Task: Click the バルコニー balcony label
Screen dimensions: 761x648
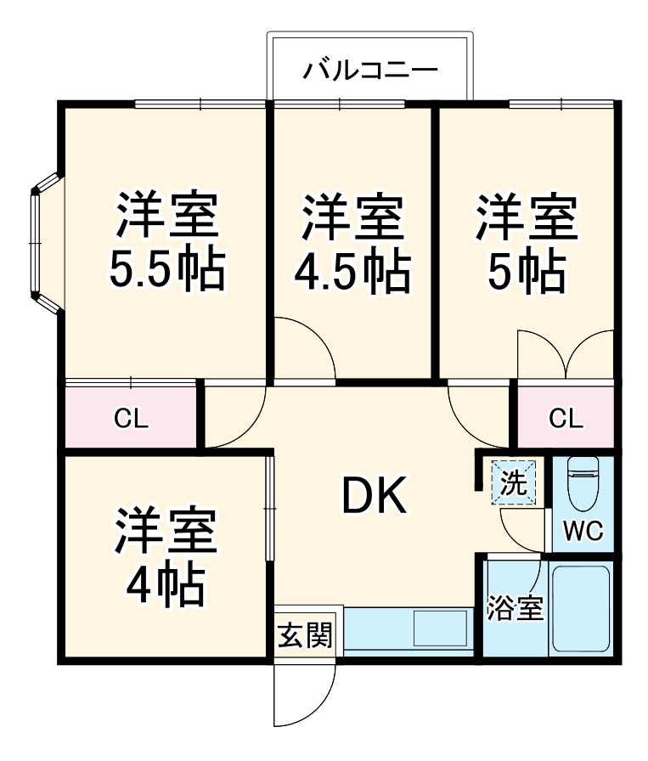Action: pyautogui.click(x=370, y=67)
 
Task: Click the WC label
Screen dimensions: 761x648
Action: pyautogui.click(x=583, y=533)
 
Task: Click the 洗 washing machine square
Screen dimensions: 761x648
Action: pyautogui.click(x=514, y=482)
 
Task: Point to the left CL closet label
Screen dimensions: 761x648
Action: pyautogui.click(x=132, y=418)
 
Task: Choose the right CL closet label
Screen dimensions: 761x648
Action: pyautogui.click(x=566, y=418)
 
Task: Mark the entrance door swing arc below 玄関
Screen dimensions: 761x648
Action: pyautogui.click(x=306, y=696)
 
